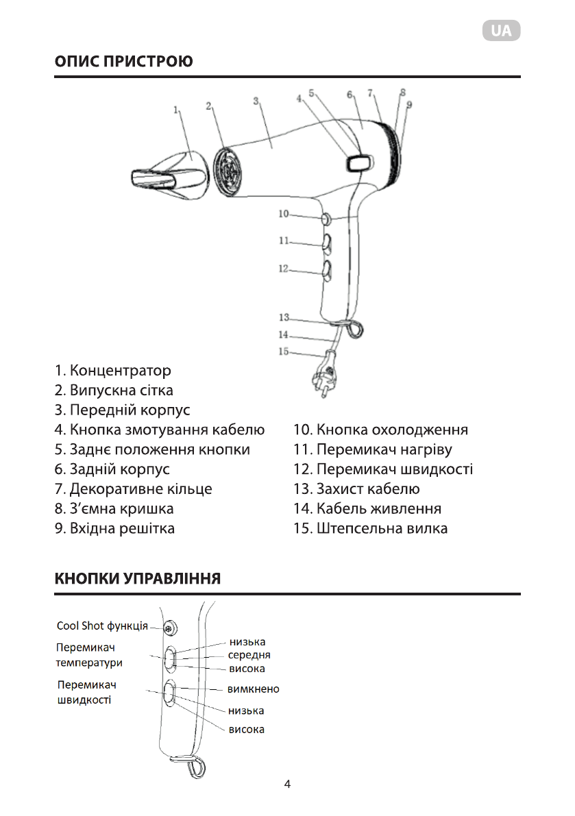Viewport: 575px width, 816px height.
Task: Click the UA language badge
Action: click(x=501, y=31)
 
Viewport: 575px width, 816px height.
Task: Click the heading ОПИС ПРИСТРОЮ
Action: click(x=123, y=62)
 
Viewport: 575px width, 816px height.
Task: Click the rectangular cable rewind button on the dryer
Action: click(x=360, y=162)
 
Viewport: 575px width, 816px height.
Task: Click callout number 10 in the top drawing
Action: click(x=284, y=214)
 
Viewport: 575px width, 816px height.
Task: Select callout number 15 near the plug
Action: click(x=284, y=351)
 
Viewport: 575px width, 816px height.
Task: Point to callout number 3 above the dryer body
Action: click(x=256, y=100)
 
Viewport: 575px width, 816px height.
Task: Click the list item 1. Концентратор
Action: click(x=113, y=371)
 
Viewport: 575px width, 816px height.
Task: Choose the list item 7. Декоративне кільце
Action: click(x=134, y=489)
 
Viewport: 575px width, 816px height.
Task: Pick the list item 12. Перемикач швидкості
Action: click(x=383, y=469)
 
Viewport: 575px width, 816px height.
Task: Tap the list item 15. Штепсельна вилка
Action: click(x=370, y=528)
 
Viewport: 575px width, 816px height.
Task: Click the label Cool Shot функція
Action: click(x=101, y=626)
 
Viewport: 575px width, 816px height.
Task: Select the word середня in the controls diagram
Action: click(x=249, y=655)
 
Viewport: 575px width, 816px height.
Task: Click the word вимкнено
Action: click(x=253, y=689)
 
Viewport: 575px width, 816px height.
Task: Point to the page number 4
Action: click(x=287, y=784)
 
